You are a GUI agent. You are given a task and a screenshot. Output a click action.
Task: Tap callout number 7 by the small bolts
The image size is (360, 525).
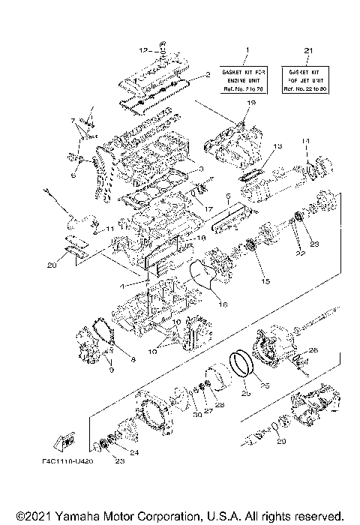pos(73,121)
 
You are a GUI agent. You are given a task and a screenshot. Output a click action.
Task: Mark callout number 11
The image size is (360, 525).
pos(109,228)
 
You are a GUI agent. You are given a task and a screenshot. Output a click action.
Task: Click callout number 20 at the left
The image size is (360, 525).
pos(52,264)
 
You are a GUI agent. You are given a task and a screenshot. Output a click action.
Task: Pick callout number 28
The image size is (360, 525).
pos(220,405)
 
